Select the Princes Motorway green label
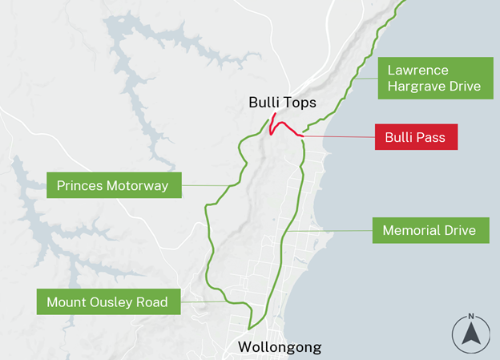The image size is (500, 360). click(x=112, y=186)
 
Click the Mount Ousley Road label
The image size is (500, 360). click(x=107, y=302)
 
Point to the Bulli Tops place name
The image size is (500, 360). click(x=282, y=103)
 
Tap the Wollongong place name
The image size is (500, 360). click(x=280, y=347)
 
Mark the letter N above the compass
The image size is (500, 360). click(x=471, y=316)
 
